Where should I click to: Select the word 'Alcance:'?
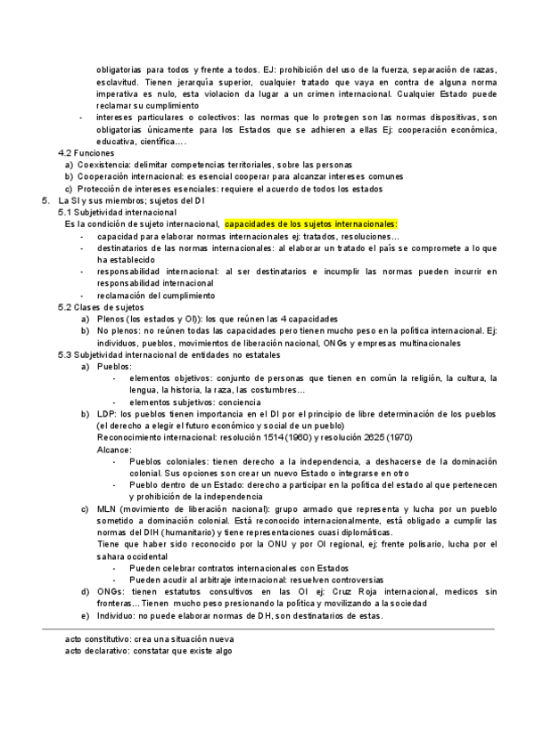click(x=113, y=449)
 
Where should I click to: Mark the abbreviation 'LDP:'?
click(x=106, y=413)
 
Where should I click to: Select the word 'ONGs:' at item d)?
click(x=111, y=590)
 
